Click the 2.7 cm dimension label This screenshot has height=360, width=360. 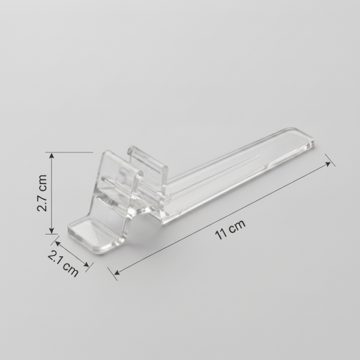(x=42, y=193)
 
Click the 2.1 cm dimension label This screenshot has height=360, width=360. (x=63, y=263)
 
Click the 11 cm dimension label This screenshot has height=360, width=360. (x=230, y=230)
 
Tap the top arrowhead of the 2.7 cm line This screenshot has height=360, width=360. (x=52, y=156)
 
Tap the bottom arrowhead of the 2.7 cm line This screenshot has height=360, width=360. (x=52, y=230)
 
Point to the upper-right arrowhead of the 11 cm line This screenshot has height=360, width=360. (x=328, y=164)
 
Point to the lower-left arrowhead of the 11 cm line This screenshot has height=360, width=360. (x=118, y=272)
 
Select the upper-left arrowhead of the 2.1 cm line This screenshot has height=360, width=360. (x=58, y=244)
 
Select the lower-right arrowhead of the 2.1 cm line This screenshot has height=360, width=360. (x=86, y=264)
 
